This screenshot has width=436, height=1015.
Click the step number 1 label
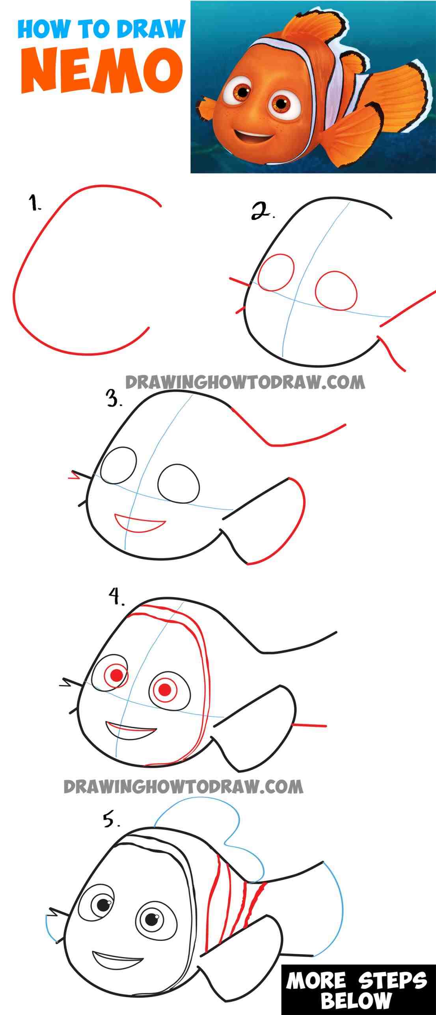point(35,205)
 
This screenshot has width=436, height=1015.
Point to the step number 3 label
point(114,400)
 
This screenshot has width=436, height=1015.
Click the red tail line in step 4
point(309,725)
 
